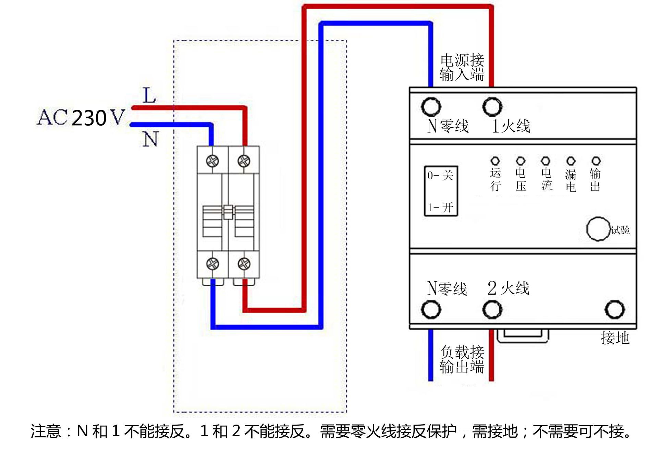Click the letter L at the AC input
[149, 95]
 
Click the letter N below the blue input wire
[151, 139]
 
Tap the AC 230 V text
[81, 118]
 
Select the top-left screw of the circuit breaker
[212, 161]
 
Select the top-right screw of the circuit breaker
[244, 161]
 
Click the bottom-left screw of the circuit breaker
[212, 264]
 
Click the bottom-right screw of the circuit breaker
[244, 264]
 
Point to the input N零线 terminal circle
[431, 107]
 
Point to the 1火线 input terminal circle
[492, 107]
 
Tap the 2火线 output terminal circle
[492, 309]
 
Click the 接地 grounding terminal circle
[614, 309]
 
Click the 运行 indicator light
[495, 161]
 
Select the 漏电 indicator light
[571, 161]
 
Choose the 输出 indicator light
[596, 161]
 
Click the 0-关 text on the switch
[440, 176]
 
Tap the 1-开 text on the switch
[440, 207]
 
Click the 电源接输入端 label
[462, 68]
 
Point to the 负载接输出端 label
[462, 359]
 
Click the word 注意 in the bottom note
[46, 431]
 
